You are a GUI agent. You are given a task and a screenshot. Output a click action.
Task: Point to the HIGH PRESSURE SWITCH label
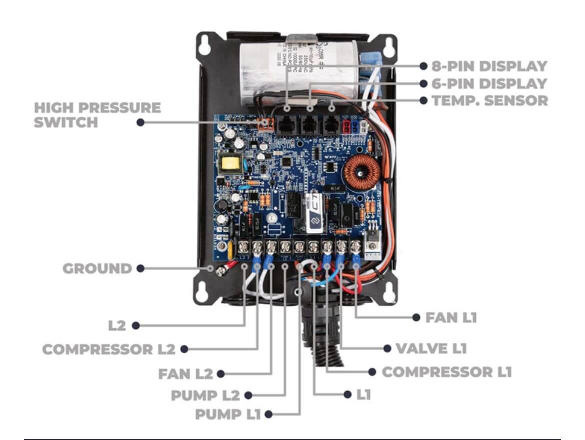[97, 114]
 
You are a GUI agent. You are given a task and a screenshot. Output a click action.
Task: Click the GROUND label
[97, 268]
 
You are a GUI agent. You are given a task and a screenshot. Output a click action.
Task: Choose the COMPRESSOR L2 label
[108, 349]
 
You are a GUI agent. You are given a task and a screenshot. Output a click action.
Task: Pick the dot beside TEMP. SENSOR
[423, 100]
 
